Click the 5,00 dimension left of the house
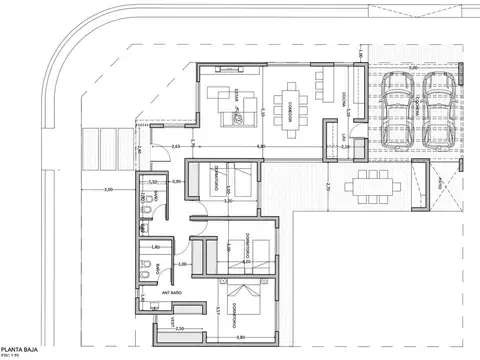coord(107,188)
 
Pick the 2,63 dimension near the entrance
coord(176,148)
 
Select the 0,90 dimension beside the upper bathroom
coord(176,182)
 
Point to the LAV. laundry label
coord(343,137)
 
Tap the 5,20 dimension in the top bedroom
coord(228,201)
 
